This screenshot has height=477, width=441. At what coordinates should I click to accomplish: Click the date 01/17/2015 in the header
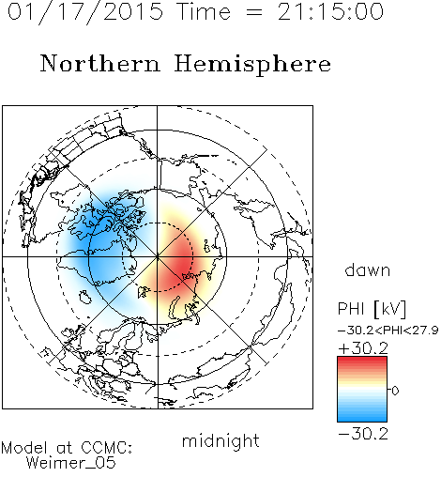85,12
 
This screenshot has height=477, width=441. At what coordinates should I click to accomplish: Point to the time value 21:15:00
330,11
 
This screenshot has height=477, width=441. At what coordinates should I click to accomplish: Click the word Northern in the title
100,64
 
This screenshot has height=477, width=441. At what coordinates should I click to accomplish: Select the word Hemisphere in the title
252,65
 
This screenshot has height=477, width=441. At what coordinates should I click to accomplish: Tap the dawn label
368,269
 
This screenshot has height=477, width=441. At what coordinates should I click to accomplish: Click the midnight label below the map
220,440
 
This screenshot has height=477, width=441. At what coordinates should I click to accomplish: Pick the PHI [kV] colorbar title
372,309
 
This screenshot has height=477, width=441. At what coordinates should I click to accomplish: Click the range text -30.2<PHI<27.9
388,331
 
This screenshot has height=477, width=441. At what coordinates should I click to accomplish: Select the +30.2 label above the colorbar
363,348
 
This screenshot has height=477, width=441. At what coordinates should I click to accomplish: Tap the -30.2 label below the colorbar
363,434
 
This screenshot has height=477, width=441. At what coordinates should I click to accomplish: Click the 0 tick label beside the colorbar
395,391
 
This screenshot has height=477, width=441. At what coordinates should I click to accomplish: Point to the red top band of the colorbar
362,361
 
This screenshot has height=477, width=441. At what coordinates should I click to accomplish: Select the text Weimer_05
71,462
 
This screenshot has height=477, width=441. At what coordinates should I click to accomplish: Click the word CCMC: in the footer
107,448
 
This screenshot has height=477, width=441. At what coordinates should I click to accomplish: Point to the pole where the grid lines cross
158,256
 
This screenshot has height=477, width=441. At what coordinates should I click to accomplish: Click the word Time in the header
204,11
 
